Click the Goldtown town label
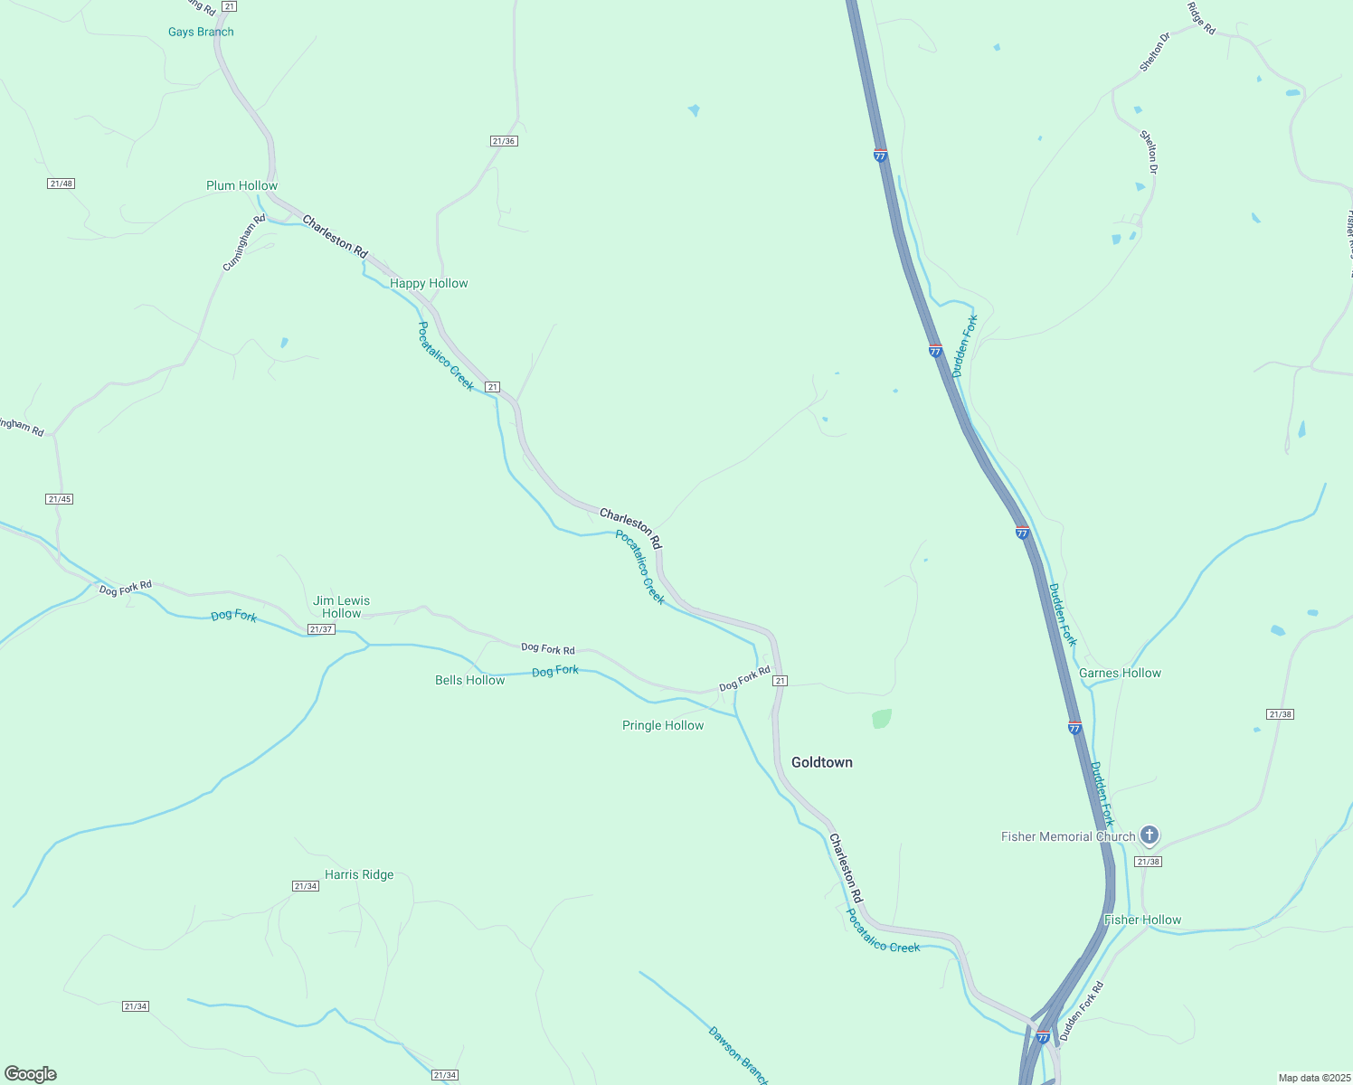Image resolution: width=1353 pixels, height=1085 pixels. [821, 762]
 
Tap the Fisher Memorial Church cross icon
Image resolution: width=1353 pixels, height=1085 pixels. [1149, 835]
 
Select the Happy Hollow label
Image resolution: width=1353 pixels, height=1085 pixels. [429, 283]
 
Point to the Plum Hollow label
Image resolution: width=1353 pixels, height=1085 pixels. [241, 185]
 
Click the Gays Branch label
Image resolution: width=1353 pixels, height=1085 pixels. [201, 32]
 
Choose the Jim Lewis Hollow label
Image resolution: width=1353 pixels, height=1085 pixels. [341, 607]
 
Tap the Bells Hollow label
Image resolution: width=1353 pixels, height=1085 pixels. [469, 680]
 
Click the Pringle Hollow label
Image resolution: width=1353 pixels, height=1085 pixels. [663, 725]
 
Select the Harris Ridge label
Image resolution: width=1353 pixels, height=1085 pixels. [359, 874]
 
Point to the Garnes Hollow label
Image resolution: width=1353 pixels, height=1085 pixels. [1120, 673]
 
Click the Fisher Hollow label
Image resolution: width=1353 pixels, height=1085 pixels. [1142, 920]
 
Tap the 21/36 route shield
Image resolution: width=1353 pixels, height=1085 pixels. [504, 141]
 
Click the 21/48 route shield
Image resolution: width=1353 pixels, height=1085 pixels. [61, 184]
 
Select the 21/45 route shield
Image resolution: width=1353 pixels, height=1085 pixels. [59, 499]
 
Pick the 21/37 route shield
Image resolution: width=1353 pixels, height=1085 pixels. [321, 629]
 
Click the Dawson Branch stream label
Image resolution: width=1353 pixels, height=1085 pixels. [738, 1054]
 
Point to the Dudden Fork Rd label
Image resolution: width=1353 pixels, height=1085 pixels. [1082, 1011]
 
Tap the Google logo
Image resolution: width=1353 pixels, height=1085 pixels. [31, 1074]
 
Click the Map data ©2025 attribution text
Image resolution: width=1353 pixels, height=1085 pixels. [1313, 1078]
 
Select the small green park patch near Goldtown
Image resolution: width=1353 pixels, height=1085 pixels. [881, 719]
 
